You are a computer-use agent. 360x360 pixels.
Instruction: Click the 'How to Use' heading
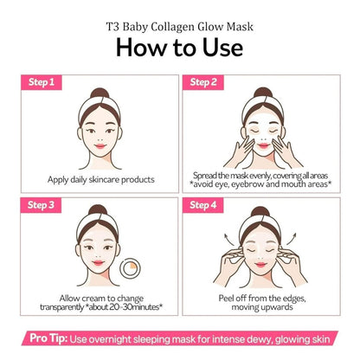pos(180,45)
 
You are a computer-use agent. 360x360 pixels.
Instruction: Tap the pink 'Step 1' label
pos(41,82)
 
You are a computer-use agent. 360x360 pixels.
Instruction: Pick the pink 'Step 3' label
pos(41,205)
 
